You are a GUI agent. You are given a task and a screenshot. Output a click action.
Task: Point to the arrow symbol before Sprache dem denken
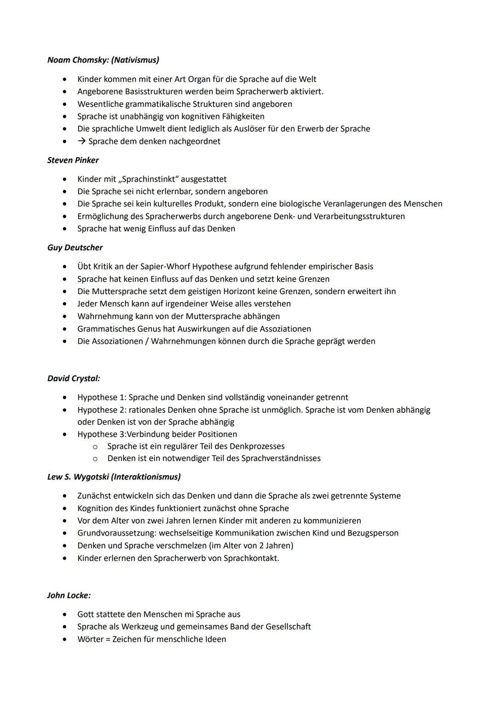pyautogui.click(x=81, y=141)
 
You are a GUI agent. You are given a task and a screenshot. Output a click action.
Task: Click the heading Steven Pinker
pyautogui.click(x=73, y=160)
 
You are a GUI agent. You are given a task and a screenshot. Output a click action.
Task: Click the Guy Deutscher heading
pyautogui.click(x=75, y=248)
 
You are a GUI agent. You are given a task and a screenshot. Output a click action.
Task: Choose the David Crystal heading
pyautogui.click(x=74, y=379)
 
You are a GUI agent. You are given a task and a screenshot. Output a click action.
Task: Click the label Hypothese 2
pyautogui.click(x=101, y=410)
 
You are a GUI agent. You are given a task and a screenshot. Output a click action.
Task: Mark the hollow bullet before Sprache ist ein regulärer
pyautogui.click(x=95, y=446)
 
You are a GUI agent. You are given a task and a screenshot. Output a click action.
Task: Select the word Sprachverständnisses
pyautogui.click(x=281, y=458)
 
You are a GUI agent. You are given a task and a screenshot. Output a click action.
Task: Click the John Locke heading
pyautogui.click(x=69, y=596)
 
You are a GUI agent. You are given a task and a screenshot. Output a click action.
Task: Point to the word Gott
pyautogui.click(x=86, y=615)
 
